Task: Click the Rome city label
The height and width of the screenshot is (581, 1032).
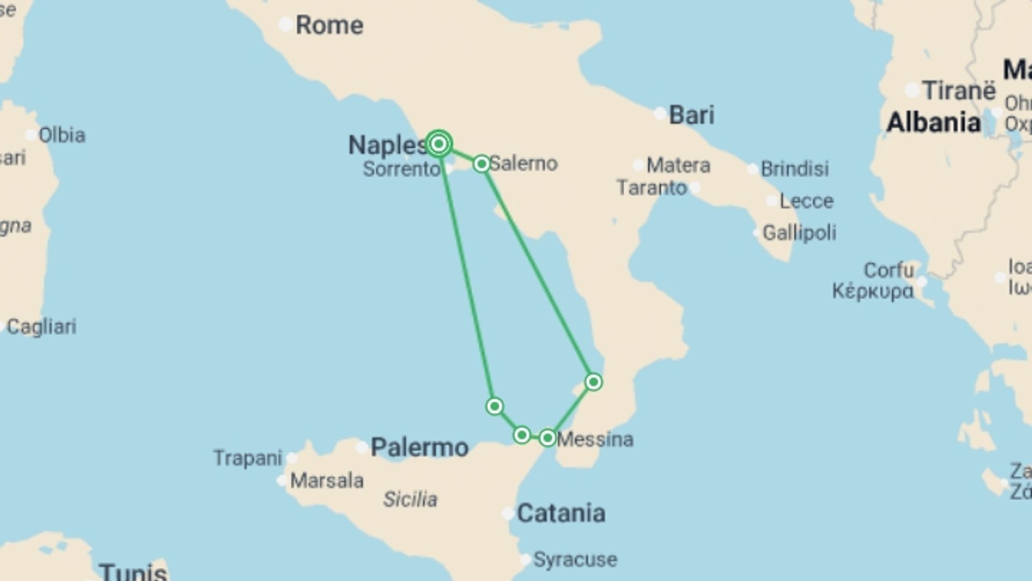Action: point(329,25)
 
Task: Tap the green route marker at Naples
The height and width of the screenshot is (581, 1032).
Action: point(439,144)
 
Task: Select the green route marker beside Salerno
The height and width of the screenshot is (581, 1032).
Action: point(482,164)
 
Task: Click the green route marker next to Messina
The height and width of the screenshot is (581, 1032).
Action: point(547,438)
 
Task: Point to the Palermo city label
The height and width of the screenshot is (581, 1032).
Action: point(419,447)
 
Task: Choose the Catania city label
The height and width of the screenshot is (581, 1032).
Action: point(561,513)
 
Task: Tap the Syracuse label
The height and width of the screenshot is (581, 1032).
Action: point(575,559)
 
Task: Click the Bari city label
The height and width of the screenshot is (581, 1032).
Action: point(692,115)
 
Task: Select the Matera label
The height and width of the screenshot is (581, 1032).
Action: point(678,165)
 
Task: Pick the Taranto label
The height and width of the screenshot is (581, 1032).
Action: point(651,188)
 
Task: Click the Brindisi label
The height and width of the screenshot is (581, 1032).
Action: point(794,169)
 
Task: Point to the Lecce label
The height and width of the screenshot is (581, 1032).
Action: point(806,201)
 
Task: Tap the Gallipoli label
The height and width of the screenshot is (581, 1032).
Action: point(799,233)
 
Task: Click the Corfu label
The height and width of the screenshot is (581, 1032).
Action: point(888,270)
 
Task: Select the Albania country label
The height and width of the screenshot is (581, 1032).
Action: point(934,123)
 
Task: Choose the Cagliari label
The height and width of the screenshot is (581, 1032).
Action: point(41,327)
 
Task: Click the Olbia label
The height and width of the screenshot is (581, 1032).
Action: point(62,135)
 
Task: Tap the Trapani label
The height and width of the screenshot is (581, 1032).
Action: point(247,458)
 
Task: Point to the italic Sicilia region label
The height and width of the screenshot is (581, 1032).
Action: point(410,499)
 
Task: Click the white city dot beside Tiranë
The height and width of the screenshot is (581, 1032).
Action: point(912,90)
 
